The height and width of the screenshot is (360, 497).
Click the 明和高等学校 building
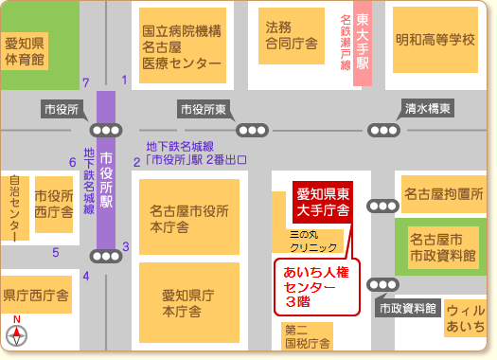pos(435,40)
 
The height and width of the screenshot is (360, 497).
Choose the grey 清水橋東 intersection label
pos(427,108)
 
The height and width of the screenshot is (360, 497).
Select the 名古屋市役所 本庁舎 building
pos(189,218)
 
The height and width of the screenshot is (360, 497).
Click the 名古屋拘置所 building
pos(443,195)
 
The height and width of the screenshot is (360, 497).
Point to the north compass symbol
pos(16,334)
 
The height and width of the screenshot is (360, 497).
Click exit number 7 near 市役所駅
pos(85,82)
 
